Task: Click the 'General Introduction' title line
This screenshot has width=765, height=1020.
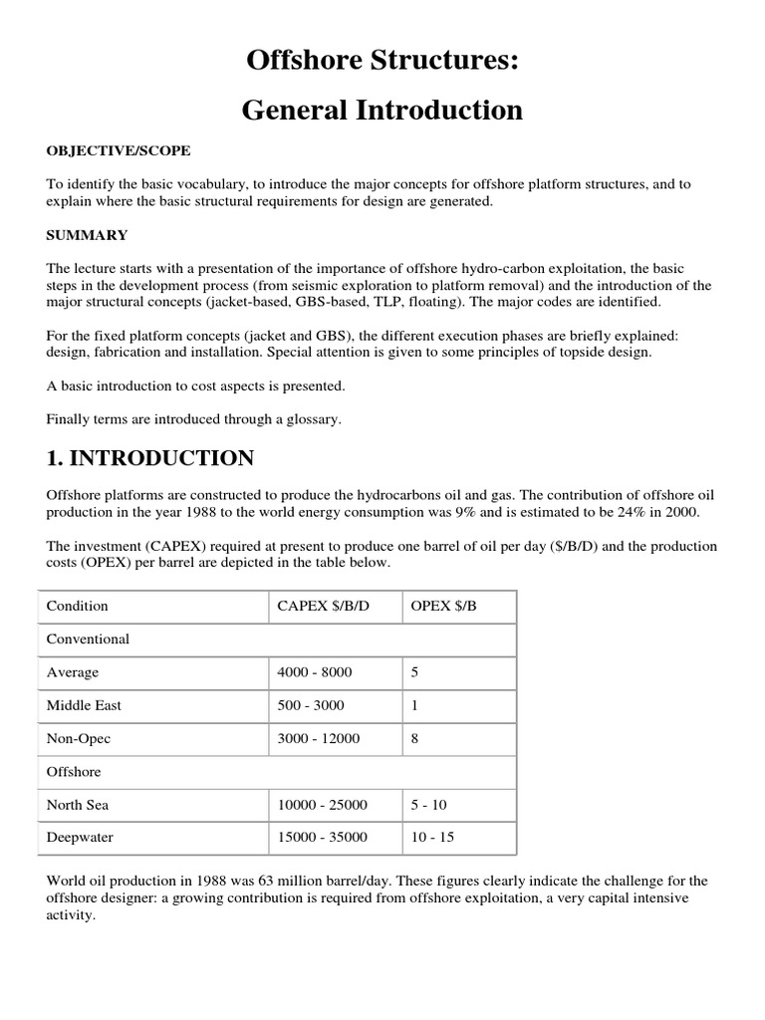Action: (382, 110)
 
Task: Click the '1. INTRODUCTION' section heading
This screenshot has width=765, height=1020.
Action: (149, 458)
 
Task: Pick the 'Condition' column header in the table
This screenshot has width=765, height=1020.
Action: (78, 606)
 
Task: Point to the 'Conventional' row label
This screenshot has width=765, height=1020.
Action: (88, 638)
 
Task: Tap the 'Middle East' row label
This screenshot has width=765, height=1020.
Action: (84, 705)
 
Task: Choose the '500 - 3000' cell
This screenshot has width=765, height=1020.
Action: (311, 705)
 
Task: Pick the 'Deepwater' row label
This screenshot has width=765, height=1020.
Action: (80, 837)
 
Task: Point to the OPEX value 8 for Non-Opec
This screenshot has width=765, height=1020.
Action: (414, 738)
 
